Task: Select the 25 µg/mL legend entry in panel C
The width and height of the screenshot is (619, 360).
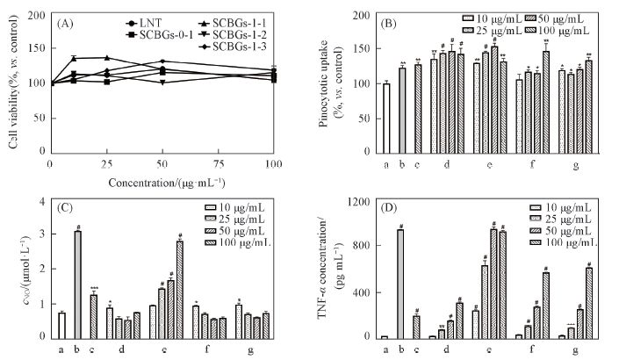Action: (250, 217)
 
